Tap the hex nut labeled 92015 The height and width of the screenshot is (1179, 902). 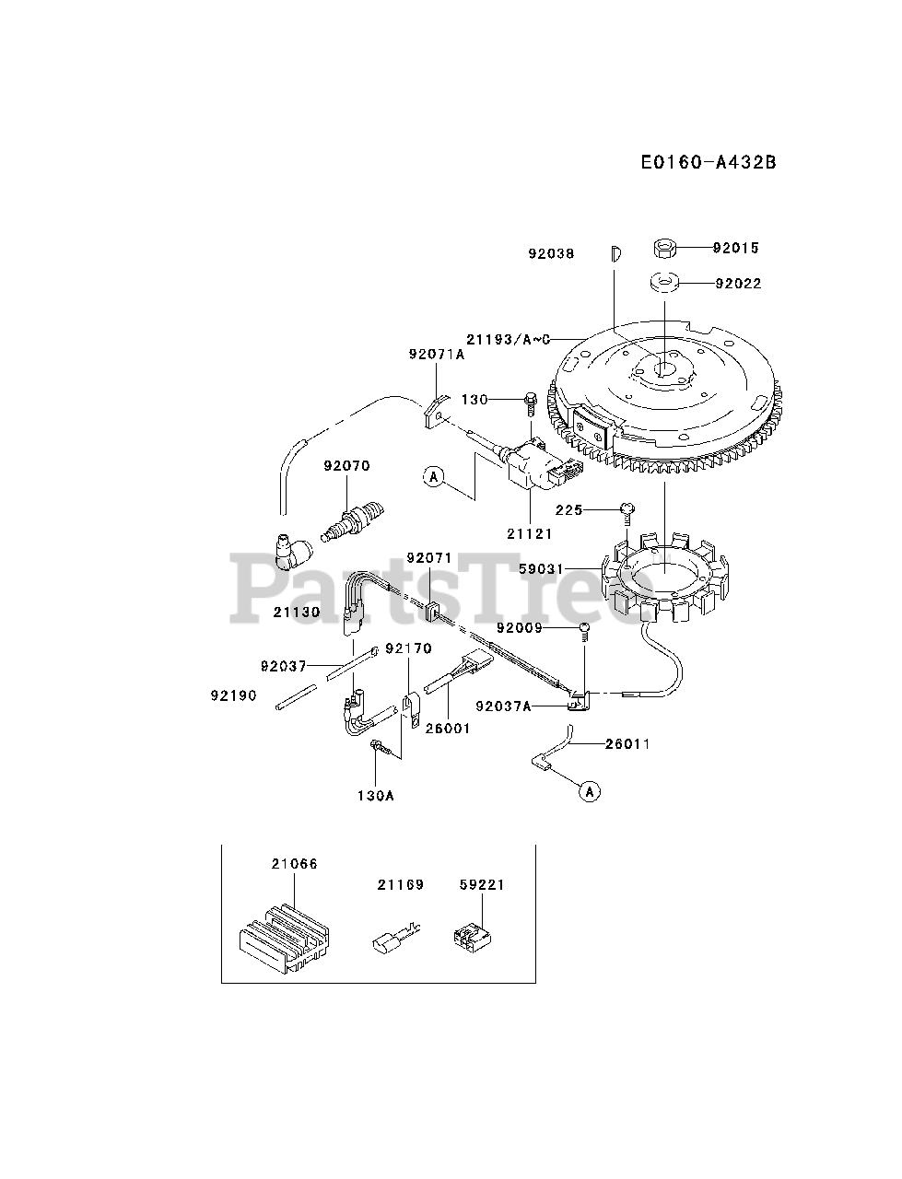[666, 248]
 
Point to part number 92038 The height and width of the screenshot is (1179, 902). [551, 253]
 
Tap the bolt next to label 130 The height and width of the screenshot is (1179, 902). [530, 402]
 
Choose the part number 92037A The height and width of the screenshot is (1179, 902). [503, 706]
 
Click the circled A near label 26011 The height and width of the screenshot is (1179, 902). [590, 790]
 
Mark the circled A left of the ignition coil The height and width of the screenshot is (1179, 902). [433, 476]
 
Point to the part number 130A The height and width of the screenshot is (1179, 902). [376, 795]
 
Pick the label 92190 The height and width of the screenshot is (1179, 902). [233, 695]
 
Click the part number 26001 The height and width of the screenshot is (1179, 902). [448, 728]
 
